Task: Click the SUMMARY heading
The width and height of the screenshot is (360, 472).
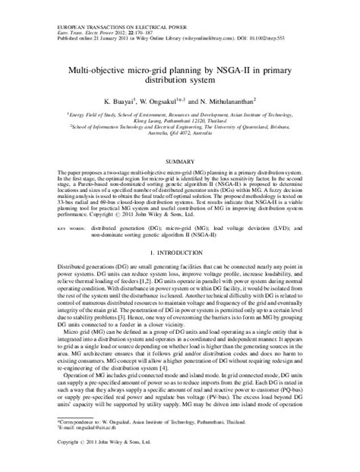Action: click(180, 162)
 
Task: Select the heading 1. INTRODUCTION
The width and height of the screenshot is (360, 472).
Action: click(180, 250)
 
